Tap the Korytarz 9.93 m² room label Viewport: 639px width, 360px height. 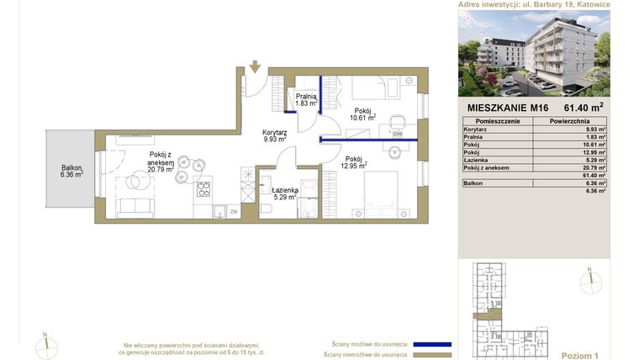(x=275, y=135)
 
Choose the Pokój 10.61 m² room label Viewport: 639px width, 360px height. (x=362, y=114)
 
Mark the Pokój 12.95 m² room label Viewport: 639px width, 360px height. (x=353, y=162)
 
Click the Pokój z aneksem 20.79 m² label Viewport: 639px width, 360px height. (x=160, y=162)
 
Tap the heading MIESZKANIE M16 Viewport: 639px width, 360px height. (x=508, y=108)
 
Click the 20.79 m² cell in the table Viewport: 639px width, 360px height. (x=595, y=167)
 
